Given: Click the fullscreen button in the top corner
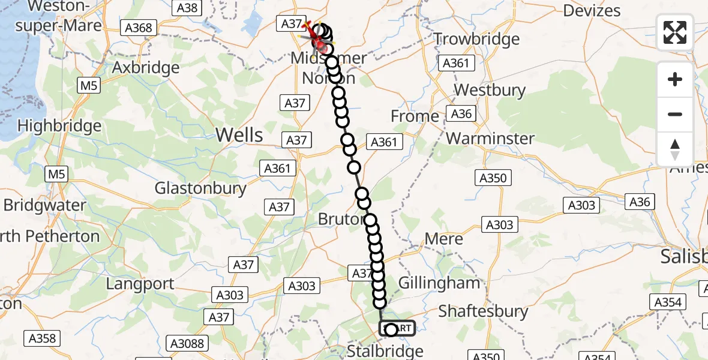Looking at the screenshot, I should pos(675,32).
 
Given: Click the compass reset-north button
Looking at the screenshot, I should pos(675,149).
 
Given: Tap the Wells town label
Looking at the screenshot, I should pos(239,134).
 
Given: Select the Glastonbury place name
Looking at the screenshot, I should pos(200,188).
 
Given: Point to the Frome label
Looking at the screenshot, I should pos(415,116).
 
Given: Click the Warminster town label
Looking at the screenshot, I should pos(490,138).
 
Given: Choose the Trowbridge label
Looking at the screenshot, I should pos(476,40).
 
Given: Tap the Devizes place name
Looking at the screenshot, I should pos(592,11).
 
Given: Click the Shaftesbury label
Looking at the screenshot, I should pos(483,311).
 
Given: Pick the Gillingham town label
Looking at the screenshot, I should pos(440,283).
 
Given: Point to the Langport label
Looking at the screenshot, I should pos(140,284).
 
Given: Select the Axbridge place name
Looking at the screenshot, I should pos(146,67).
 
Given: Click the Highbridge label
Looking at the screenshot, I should pos(59,126).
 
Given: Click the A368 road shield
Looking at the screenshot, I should pos(139,28).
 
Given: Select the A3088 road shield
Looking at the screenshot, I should pos(186,343).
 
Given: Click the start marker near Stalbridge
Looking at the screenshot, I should pos(397,328).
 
